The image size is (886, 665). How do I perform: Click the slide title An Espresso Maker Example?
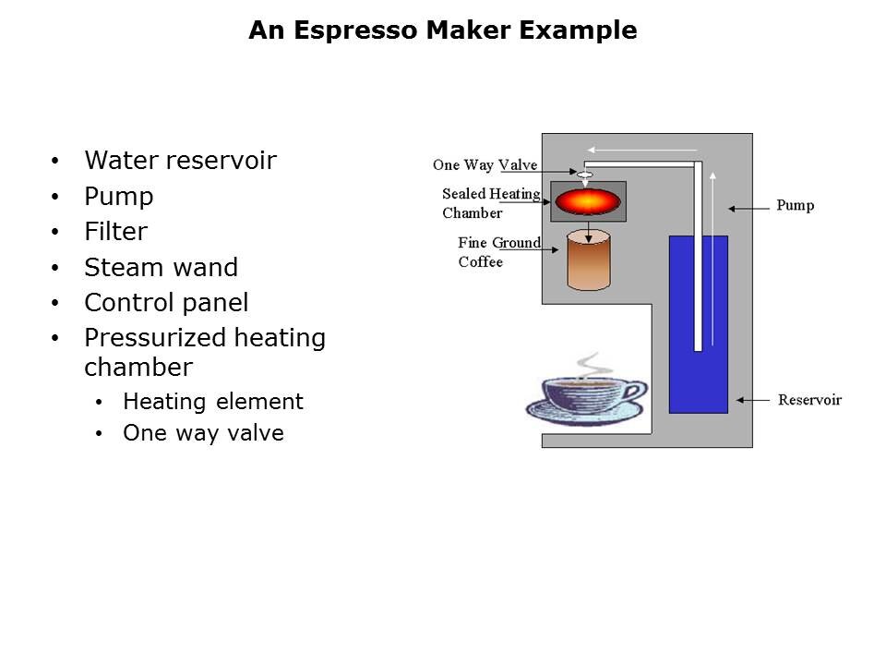click(442, 30)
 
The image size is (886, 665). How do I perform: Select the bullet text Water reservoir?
click(180, 161)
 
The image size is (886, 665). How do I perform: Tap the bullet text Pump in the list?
click(118, 197)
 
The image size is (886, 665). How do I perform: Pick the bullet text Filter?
click(115, 232)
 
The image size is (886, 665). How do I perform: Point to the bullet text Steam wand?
click(161, 268)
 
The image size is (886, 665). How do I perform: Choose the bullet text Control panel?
click(166, 303)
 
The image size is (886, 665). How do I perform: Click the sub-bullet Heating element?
click(212, 402)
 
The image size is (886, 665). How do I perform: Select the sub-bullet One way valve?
click(203, 433)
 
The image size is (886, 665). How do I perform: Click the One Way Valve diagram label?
click(485, 165)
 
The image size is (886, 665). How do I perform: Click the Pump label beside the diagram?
click(795, 205)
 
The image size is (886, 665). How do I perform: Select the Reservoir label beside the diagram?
click(809, 400)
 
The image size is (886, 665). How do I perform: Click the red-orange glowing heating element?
click(588, 201)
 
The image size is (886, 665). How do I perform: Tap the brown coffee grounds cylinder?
click(588, 261)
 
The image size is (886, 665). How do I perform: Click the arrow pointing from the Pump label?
click(747, 205)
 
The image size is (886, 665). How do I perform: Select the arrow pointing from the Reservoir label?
click(753, 400)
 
